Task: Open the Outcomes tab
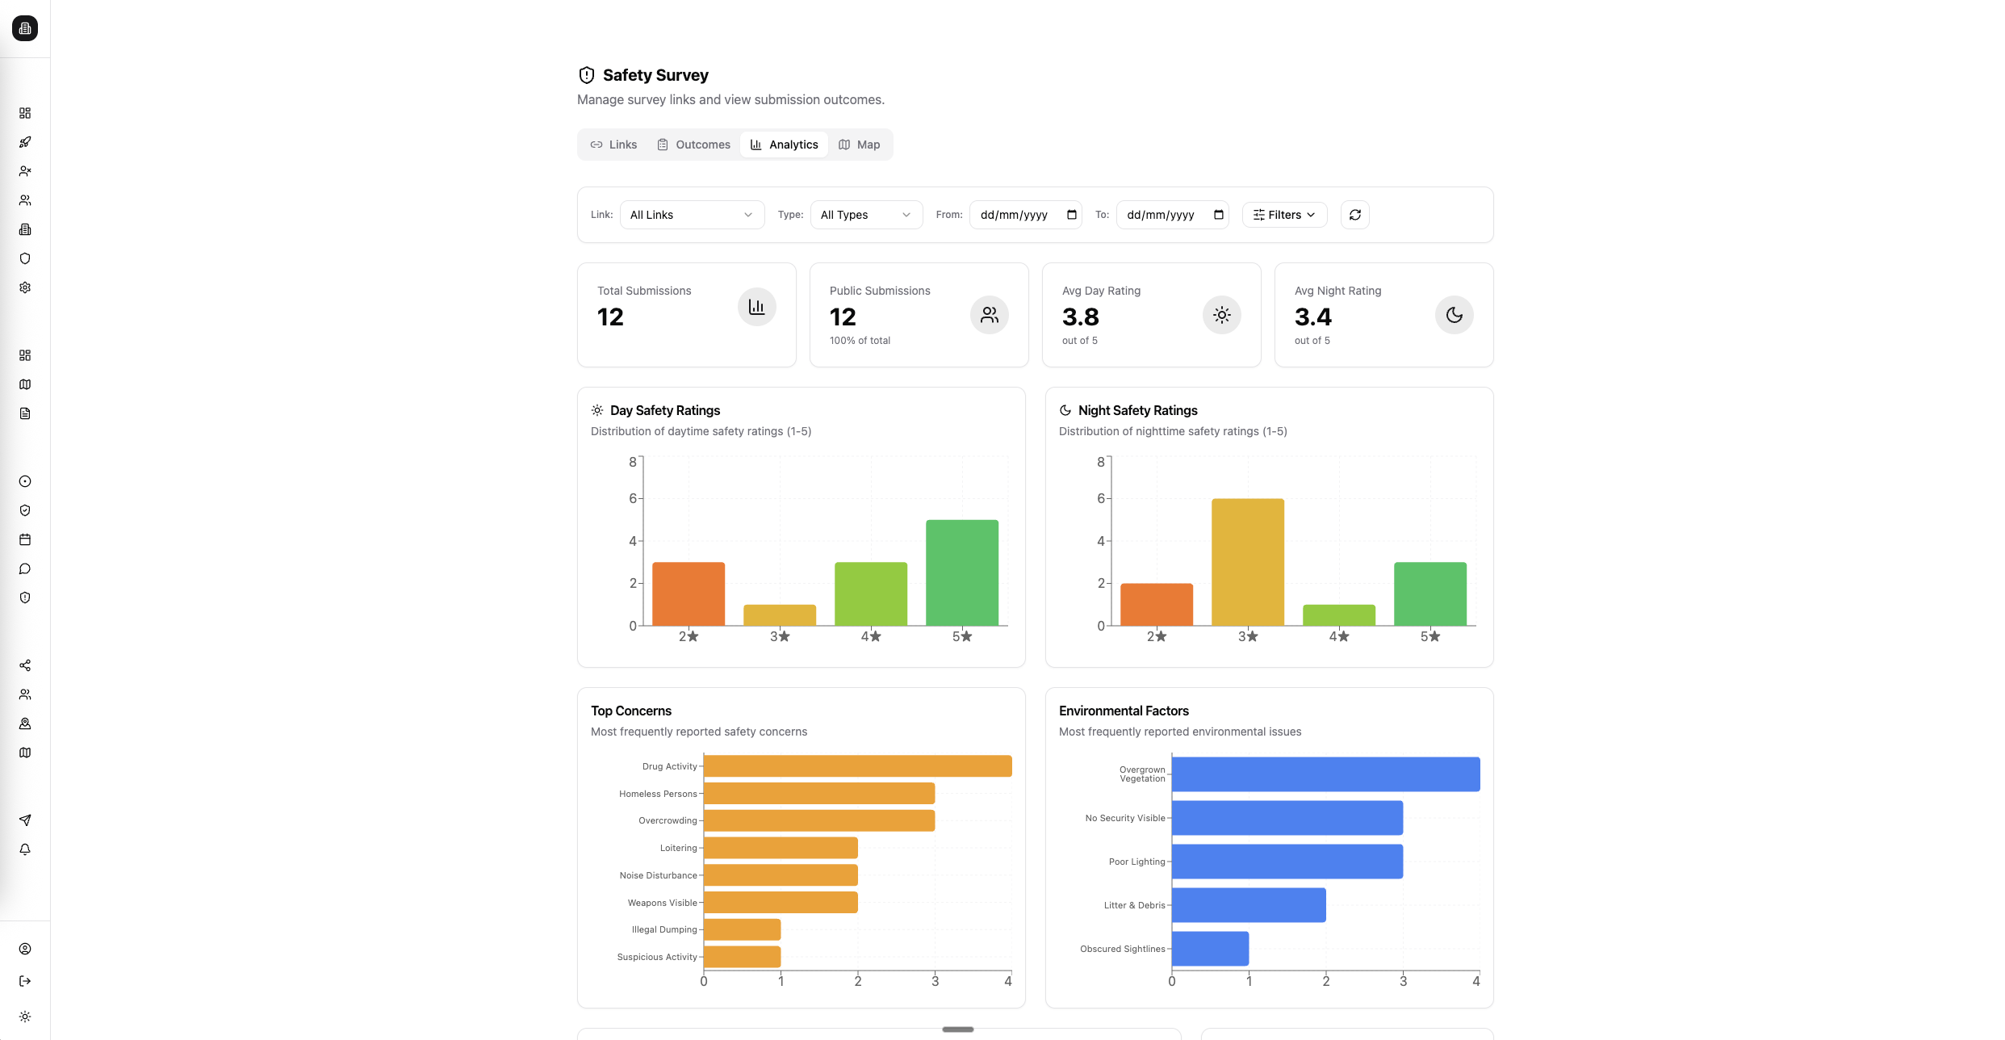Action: (x=693, y=145)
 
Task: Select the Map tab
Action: (x=859, y=145)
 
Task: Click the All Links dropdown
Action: (x=692, y=215)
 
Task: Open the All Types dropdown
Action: (x=865, y=215)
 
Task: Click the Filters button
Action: (x=1283, y=215)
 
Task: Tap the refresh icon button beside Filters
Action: (x=1354, y=215)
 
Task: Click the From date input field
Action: (x=1017, y=215)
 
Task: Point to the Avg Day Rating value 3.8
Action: (x=1080, y=317)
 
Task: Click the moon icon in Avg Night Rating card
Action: (x=1454, y=315)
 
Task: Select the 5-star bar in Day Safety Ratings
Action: (x=961, y=572)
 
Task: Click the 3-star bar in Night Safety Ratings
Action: (x=1247, y=562)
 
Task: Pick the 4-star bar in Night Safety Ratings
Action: (x=1338, y=615)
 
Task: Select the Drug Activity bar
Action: (x=857, y=766)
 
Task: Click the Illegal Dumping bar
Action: (x=742, y=929)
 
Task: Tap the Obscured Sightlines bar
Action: (x=1210, y=949)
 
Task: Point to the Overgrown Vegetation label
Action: (x=1141, y=774)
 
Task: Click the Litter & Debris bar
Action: (x=1248, y=905)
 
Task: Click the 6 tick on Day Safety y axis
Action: (x=633, y=498)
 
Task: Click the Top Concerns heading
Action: (x=630, y=711)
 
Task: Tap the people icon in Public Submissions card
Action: (x=989, y=315)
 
